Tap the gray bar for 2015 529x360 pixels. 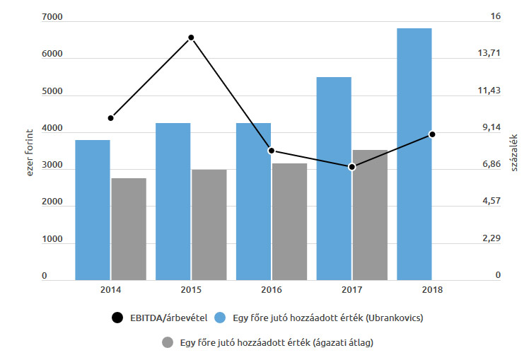click(209, 225)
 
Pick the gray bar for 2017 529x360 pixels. click(370, 215)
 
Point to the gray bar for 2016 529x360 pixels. click(289, 221)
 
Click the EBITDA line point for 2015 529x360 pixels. click(191, 37)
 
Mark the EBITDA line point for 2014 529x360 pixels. click(111, 117)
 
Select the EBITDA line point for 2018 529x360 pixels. click(432, 134)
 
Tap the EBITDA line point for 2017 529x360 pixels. click(351, 167)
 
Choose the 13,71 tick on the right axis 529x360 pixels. click(490, 53)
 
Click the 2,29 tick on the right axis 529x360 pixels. click(490, 238)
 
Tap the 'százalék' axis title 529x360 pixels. click(515, 153)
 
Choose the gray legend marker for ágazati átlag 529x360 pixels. click(168, 343)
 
